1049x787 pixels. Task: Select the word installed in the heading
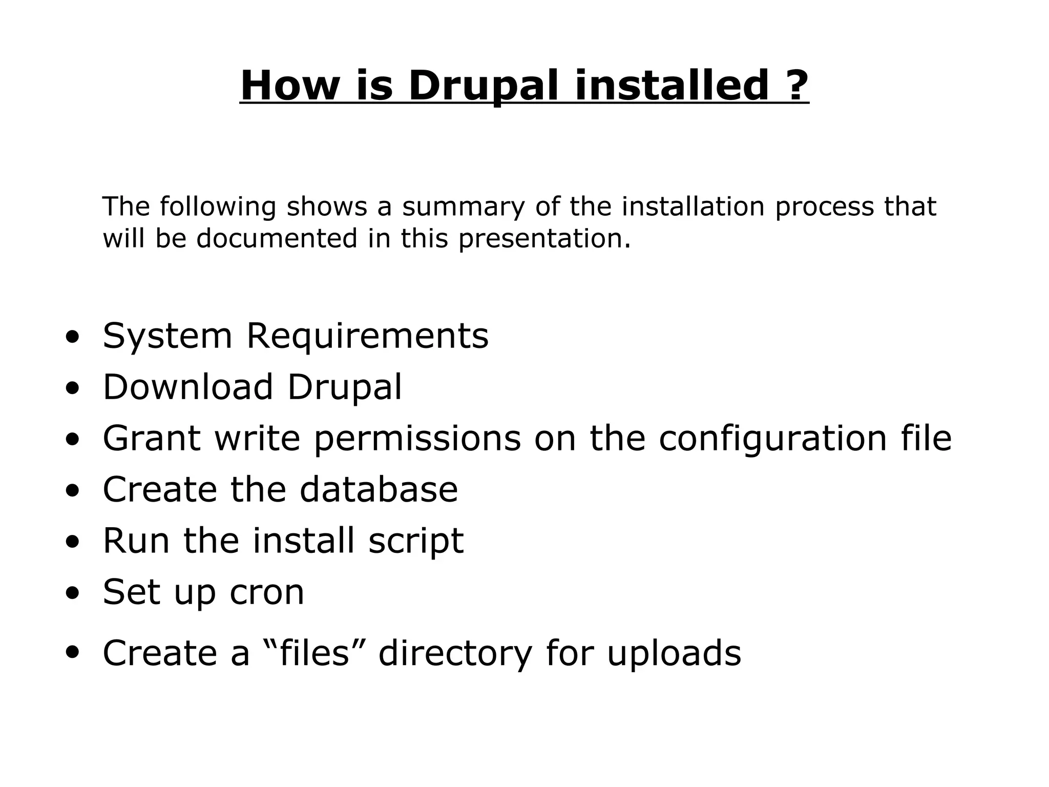(x=672, y=86)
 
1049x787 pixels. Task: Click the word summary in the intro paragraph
(x=464, y=208)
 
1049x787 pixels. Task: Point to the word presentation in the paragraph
(x=544, y=239)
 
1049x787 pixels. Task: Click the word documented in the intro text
(x=277, y=238)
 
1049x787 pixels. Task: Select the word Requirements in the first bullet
(x=367, y=337)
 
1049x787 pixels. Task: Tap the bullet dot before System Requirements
(x=73, y=338)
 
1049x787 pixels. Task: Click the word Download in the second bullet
(x=187, y=387)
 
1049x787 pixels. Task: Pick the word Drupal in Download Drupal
(x=345, y=388)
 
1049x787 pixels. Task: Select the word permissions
(x=417, y=439)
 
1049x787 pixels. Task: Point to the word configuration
(x=772, y=439)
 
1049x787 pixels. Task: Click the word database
(x=379, y=489)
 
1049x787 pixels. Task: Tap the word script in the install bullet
(x=415, y=542)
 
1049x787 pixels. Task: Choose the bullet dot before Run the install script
(x=73, y=543)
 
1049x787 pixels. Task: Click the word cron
(x=266, y=593)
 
